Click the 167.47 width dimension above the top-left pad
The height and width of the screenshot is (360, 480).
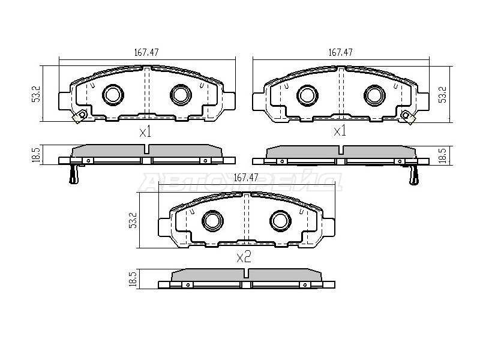pyautogui.click(x=146, y=52)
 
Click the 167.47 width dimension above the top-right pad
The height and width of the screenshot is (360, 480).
pyautogui.click(x=340, y=52)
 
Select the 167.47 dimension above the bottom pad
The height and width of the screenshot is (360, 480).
pyautogui.click(x=245, y=177)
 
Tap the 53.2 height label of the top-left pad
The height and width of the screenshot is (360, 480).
pyautogui.click(x=37, y=94)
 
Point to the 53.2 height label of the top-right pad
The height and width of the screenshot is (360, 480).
pyautogui.click(x=443, y=95)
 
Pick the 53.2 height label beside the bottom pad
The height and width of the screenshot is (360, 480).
pyautogui.click(x=133, y=220)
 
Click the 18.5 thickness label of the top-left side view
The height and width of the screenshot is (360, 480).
pyautogui.click(x=36, y=155)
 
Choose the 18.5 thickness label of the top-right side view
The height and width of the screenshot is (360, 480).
pyautogui.click(x=443, y=155)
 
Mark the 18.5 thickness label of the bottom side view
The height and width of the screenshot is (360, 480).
pyautogui.click(x=132, y=278)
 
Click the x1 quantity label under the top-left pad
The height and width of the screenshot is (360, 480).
pyautogui.click(x=145, y=133)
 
